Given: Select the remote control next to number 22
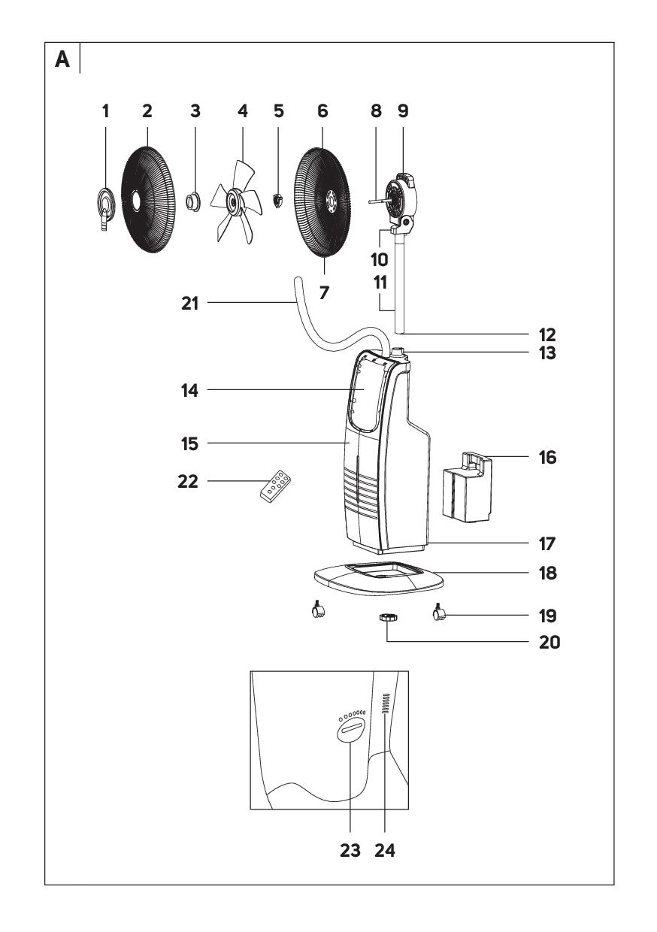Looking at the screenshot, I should tap(275, 485).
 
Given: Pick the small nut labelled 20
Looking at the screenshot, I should tap(387, 618).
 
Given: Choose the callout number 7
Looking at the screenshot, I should tap(324, 291).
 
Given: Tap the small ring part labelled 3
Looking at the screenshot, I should tap(194, 201).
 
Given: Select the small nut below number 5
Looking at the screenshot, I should tap(278, 200).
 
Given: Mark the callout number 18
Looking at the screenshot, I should tap(548, 573).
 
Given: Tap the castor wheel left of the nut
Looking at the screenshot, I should tap(316, 611).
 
